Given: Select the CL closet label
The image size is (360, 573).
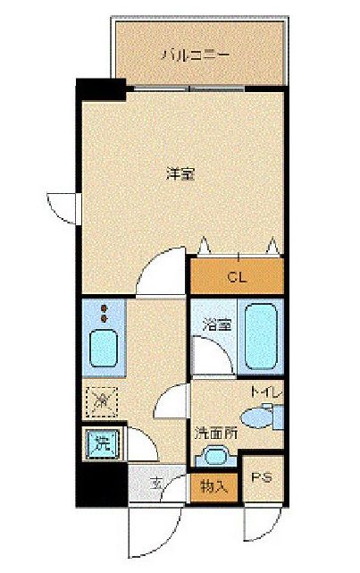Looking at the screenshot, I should click(235, 276).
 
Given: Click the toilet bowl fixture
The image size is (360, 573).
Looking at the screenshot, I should click(264, 415).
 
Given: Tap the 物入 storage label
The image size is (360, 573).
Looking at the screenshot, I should click(213, 486).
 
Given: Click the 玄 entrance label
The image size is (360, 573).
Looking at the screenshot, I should click(156, 485).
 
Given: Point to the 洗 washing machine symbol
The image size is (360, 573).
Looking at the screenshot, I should click(102, 442).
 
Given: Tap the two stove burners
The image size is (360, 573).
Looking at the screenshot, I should click(105, 313).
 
